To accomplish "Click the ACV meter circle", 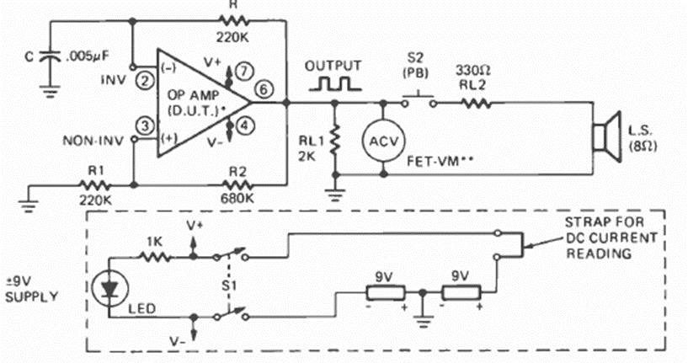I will click(x=384, y=141).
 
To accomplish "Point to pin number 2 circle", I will click(x=145, y=81).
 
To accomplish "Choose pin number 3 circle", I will click(x=145, y=125).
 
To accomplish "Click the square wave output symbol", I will click(x=334, y=83).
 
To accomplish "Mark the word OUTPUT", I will click(x=333, y=65).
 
